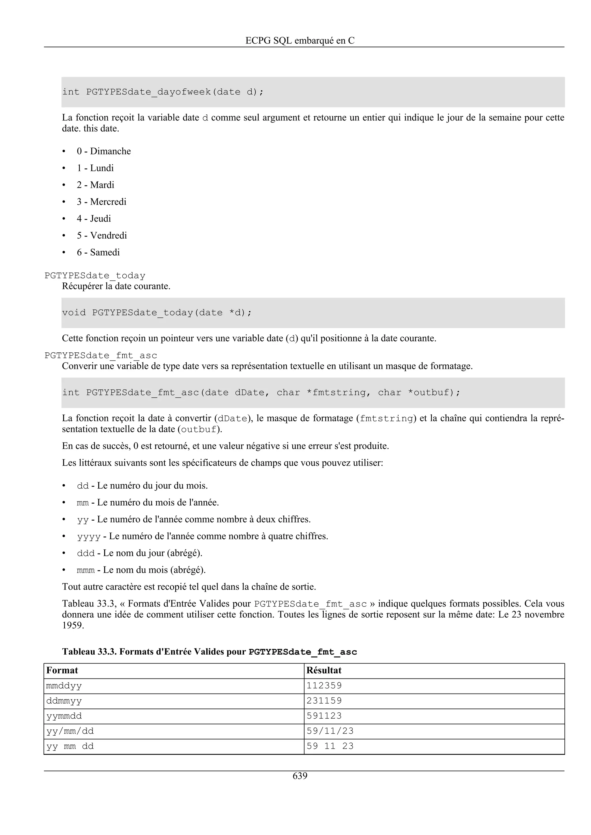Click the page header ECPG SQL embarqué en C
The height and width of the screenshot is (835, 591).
click(x=300, y=40)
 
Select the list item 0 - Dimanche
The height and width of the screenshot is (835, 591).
click(x=103, y=151)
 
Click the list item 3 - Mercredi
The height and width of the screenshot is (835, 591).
click(x=101, y=202)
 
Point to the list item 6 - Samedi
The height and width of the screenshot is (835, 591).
click(x=98, y=252)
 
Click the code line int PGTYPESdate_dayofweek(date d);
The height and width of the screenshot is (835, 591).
click(x=163, y=92)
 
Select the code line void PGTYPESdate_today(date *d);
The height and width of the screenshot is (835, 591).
click(x=157, y=313)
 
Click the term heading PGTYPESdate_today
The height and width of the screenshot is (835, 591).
click(x=95, y=276)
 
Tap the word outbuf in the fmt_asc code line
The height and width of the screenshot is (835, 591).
click(x=433, y=393)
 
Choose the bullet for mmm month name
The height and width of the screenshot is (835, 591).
click(x=141, y=570)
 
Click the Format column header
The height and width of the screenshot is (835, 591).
click(x=62, y=670)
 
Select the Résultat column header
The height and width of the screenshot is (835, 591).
click(x=324, y=670)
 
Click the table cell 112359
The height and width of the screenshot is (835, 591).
click(x=324, y=685)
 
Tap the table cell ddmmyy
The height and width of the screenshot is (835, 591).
click(x=64, y=701)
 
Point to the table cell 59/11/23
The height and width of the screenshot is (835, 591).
click(x=330, y=731)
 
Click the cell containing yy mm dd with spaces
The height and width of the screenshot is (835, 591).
click(x=70, y=746)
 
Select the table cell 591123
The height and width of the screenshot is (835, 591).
click(x=324, y=716)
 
